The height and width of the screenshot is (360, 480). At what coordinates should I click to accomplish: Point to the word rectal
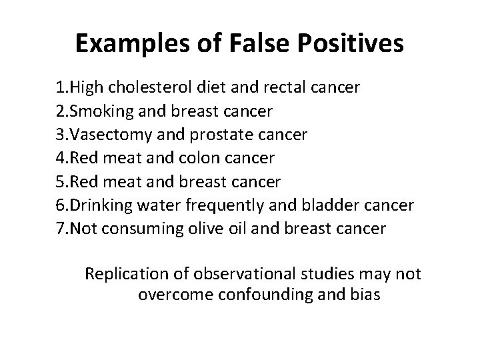(294, 88)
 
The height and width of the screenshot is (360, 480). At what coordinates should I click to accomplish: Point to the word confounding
(267, 295)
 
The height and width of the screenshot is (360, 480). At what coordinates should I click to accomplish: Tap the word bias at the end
(366, 295)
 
